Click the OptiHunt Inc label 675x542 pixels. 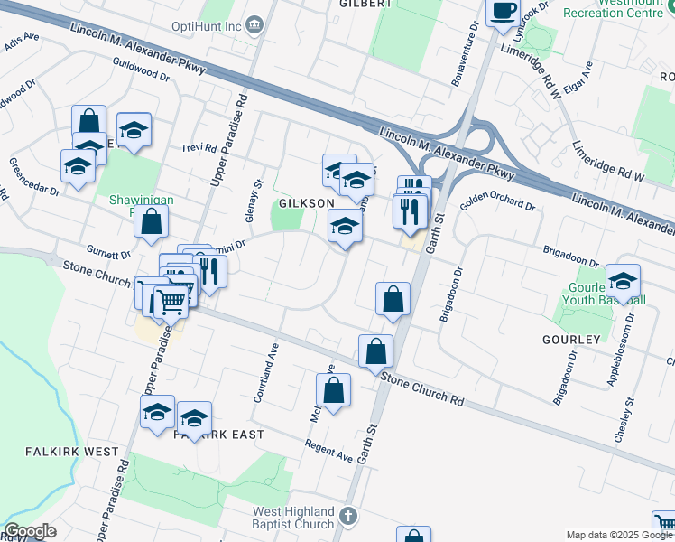point(206,25)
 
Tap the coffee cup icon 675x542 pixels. point(504,12)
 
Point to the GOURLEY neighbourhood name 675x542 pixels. point(571,339)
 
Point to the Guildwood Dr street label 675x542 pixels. point(142,70)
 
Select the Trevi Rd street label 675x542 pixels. point(199,147)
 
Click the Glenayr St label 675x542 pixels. point(256,194)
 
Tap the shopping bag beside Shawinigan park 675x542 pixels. point(153,221)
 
